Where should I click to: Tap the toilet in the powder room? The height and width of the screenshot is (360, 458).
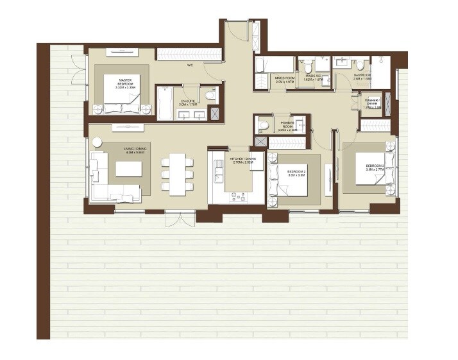click(x=262, y=124)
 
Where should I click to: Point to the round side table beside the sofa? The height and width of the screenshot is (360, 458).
click(x=96, y=143)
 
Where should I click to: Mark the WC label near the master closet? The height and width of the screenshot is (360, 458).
click(x=191, y=65)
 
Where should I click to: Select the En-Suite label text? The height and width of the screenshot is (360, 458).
click(x=187, y=103)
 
